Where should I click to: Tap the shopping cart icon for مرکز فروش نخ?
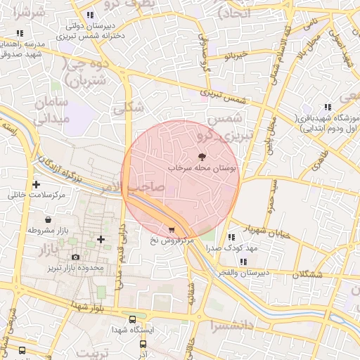click(x=172, y=230)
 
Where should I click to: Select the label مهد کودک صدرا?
click(x=233, y=248)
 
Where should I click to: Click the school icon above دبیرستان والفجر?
click(x=243, y=262)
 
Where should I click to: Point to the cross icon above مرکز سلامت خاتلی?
click(x=36, y=184)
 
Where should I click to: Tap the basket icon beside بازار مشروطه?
click(x=48, y=220)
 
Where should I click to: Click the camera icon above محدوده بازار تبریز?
click(x=75, y=257)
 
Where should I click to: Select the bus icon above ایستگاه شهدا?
click(x=132, y=319)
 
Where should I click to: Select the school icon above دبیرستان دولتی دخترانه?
click(x=89, y=15)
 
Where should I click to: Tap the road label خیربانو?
click(x=233, y=54)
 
